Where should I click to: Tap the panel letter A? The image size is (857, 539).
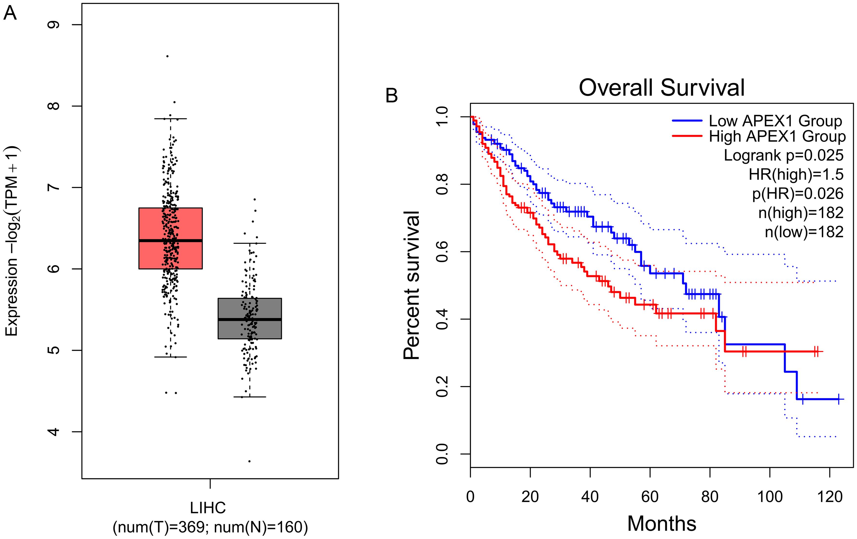[10, 14]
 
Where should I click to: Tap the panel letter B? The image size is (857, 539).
[391, 95]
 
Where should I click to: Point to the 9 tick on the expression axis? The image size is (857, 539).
[54, 25]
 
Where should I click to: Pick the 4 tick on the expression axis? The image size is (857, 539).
[54, 432]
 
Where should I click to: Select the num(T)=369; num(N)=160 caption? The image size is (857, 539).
[210, 527]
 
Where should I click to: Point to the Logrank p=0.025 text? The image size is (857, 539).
[783, 155]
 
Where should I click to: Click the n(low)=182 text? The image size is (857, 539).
[804, 232]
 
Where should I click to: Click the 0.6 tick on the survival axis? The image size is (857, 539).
[442, 252]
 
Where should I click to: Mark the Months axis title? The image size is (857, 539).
[661, 524]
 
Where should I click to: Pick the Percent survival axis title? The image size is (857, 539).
[412, 285]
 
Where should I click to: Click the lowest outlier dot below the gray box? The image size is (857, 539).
[249, 461]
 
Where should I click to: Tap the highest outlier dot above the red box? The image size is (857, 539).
[167, 56]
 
